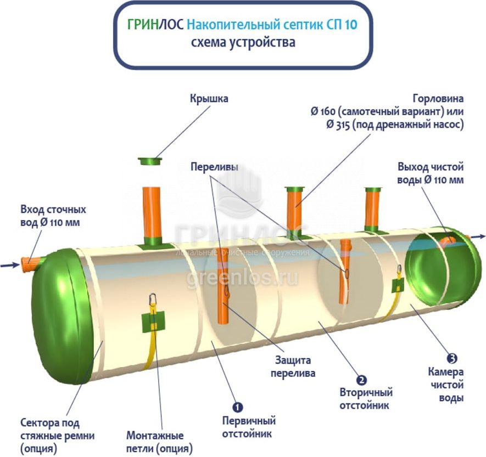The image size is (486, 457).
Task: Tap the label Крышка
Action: [209, 99]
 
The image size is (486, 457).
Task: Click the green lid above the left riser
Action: [150, 161]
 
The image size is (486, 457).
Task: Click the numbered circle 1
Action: [238, 407]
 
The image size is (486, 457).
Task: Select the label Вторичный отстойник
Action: [366, 399]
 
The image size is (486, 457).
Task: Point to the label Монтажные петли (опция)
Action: [155, 442]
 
